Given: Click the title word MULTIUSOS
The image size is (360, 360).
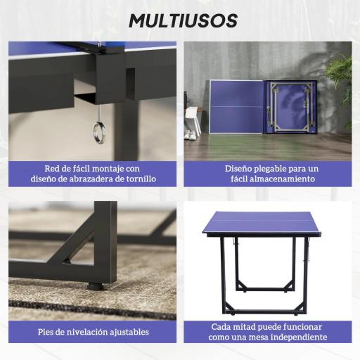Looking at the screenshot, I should (183, 21).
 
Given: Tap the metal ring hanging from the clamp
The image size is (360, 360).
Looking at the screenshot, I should (99, 131).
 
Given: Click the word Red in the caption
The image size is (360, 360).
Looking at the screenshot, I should (53, 169).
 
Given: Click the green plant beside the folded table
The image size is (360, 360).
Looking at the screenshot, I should (341, 81).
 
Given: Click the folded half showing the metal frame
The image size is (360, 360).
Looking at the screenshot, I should (291, 107).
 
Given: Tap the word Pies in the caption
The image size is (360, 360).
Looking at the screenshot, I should (47, 332).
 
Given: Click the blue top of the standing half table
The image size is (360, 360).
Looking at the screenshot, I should (261, 223).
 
